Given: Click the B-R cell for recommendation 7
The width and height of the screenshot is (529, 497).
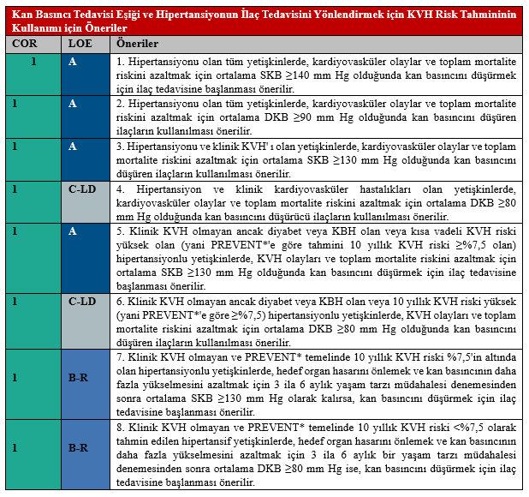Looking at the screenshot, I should point(79,377).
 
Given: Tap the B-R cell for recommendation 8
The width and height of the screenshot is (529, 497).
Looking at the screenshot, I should point(79,447).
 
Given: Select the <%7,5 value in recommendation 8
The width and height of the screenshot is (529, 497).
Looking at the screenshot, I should point(463,428).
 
